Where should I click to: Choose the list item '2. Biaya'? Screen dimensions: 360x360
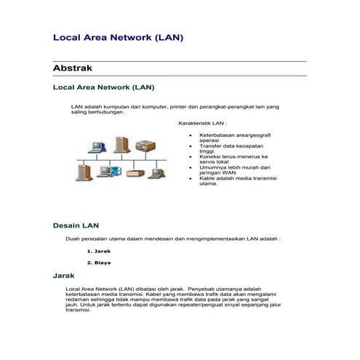[99, 263]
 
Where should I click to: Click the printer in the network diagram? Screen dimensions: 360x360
[148, 144]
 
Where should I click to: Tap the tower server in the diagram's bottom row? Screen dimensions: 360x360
[78, 172]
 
